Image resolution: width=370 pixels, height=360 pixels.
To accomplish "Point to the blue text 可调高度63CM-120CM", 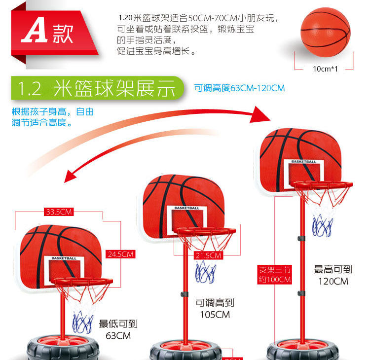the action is [x=240, y=88].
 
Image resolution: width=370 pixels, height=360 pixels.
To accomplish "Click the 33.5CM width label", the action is [x=59, y=212].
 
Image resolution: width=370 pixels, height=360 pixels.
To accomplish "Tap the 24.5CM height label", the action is [x=120, y=254].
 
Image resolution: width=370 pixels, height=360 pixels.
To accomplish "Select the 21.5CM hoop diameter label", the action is [x=208, y=255].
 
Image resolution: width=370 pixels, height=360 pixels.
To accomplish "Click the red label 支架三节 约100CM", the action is [x=275, y=275].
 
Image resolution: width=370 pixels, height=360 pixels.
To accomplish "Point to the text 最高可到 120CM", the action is [x=333, y=275].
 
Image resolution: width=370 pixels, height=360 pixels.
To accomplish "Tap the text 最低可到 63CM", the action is [x=118, y=329].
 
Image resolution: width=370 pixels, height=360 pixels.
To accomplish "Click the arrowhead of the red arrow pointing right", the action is [x=261, y=116].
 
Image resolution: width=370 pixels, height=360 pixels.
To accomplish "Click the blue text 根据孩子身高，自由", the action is [x=53, y=111].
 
